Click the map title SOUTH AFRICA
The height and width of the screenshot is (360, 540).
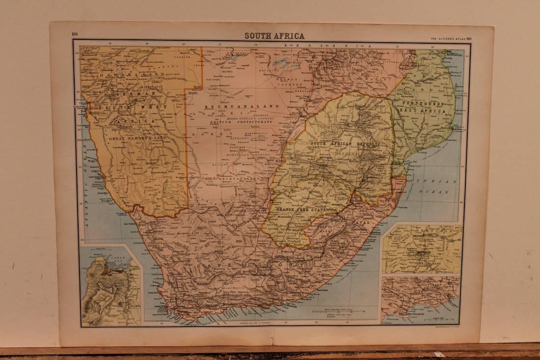point(275,36)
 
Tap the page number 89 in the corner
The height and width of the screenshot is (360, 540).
point(75,34)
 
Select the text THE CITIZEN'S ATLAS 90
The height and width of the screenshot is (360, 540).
point(451,38)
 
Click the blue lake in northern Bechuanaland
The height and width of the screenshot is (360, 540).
point(280,63)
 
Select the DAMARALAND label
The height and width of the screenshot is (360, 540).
point(132,74)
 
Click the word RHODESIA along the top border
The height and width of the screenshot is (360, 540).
point(324,45)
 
